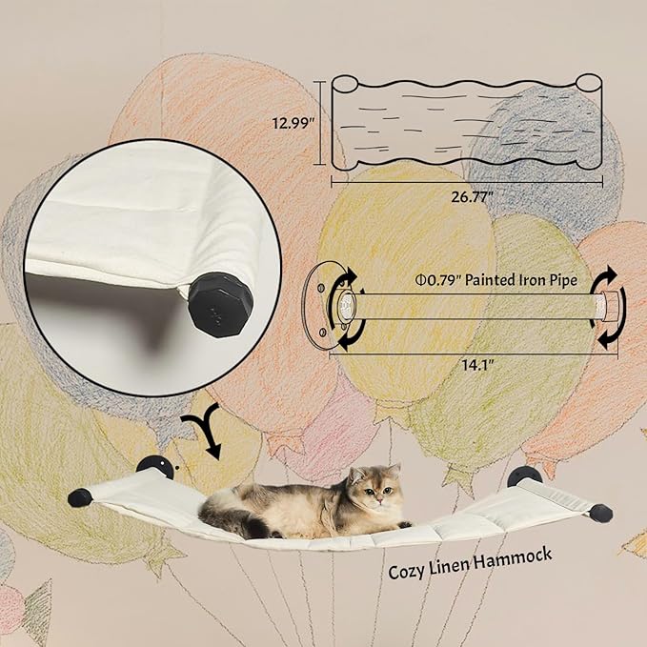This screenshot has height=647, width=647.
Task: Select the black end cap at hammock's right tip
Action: (x=600, y=513)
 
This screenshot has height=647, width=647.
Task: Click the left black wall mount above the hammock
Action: (x=153, y=467)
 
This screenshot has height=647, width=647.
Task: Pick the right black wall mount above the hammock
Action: (x=524, y=475)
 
